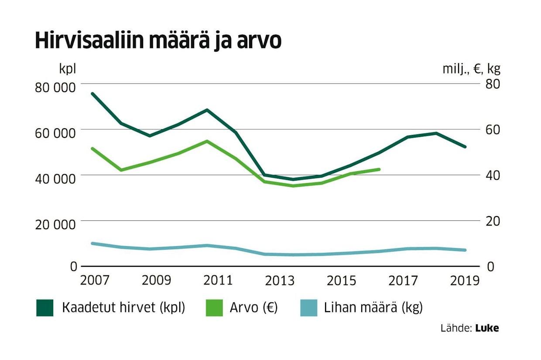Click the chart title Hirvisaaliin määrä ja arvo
pyautogui.click(x=158, y=41)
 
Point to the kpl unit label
pyautogui.click(x=68, y=69)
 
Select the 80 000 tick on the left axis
pyautogui.click(x=55, y=86)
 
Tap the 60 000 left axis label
pyautogui.click(x=55, y=132)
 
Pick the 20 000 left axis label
pyautogui.click(x=55, y=224)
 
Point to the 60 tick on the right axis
pyautogui.click(x=491, y=130)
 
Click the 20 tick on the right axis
pyautogui.click(x=491, y=221)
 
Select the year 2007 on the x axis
pyautogui.click(x=95, y=280)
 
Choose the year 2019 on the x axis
pyautogui.click(x=465, y=280)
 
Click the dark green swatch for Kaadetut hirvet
pyautogui.click(x=45, y=308)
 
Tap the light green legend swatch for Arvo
pyautogui.click(x=213, y=308)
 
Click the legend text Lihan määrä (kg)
pyautogui.click(x=373, y=308)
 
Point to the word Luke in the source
pyautogui.click(x=487, y=328)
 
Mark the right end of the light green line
pyautogui.click(x=380, y=169)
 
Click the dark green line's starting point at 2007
pyautogui.click(x=92, y=94)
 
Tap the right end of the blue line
pyautogui.click(x=466, y=250)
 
